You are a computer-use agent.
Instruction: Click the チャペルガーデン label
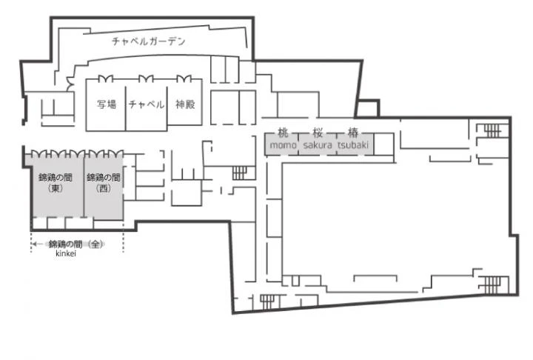(149, 41)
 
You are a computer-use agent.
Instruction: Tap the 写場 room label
(107, 104)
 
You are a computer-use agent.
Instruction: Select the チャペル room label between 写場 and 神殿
(147, 104)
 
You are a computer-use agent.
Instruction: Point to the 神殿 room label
(185, 104)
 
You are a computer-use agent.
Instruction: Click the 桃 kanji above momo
(283, 133)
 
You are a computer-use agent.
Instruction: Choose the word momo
(283, 145)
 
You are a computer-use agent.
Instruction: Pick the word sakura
(318, 145)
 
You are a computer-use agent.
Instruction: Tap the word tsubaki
(353, 145)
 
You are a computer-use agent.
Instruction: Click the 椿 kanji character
(353, 133)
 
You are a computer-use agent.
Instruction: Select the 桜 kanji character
(318, 133)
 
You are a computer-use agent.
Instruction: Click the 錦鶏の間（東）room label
(56, 183)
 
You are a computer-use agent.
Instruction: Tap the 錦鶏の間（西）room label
(104, 183)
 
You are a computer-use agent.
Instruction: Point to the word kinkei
(66, 253)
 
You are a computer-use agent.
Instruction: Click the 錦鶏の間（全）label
(76, 244)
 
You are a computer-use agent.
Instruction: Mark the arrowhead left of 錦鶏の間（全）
(34, 244)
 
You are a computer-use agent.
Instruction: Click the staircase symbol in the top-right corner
(492, 130)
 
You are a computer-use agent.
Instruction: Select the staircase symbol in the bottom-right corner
(492, 284)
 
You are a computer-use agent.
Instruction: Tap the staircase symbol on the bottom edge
(267, 302)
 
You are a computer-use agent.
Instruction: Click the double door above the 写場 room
(105, 79)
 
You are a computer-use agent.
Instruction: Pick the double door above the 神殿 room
(184, 79)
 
